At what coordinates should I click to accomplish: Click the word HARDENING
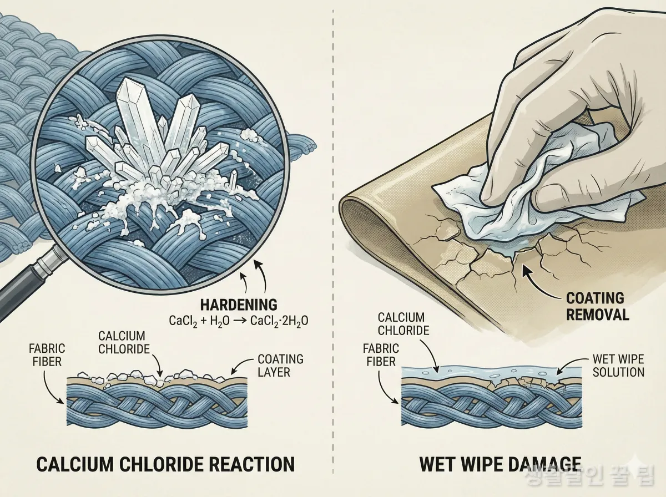(x=239, y=305)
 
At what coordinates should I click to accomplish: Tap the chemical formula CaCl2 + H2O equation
(x=239, y=321)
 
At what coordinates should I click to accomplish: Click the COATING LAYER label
(x=280, y=366)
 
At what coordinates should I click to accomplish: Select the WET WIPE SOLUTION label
(x=618, y=366)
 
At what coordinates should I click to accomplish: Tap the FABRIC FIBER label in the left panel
(x=47, y=355)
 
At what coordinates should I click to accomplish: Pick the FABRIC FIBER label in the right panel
(x=381, y=355)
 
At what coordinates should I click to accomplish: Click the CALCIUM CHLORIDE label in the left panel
(x=124, y=343)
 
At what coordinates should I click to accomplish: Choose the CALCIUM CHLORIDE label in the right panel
(x=403, y=324)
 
